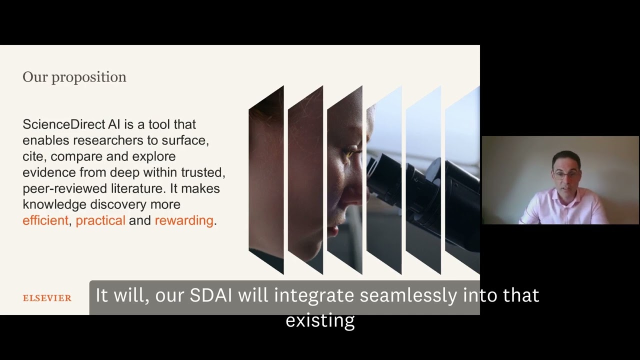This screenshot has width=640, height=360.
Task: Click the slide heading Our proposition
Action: tap(74, 77)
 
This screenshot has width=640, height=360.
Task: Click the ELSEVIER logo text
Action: tap(47, 298)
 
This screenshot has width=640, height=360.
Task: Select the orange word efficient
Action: tap(45, 220)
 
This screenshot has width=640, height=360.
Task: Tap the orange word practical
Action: tap(100, 220)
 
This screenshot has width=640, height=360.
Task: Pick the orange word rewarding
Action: tap(184, 220)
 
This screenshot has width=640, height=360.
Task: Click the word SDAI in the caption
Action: tap(210, 295)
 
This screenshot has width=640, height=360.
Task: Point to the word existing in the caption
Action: tap(320, 320)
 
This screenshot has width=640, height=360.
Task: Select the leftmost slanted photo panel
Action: tap(266, 180)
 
